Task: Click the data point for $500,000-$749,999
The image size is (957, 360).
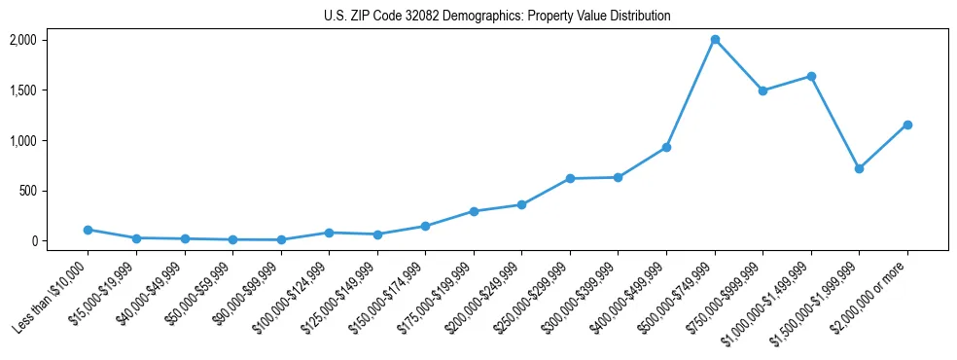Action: (x=715, y=40)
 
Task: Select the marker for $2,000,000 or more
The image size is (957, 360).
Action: (x=907, y=125)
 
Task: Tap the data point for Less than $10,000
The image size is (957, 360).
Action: (x=89, y=230)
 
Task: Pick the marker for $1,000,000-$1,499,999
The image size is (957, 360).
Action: (x=811, y=76)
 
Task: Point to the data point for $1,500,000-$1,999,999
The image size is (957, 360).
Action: (x=859, y=168)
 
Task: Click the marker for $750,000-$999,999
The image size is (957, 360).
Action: (x=762, y=90)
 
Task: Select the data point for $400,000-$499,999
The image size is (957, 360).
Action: (x=666, y=147)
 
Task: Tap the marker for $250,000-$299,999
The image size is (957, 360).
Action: (x=570, y=178)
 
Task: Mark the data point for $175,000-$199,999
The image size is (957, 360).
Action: (x=474, y=211)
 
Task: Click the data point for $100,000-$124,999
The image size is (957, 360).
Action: (x=330, y=233)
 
